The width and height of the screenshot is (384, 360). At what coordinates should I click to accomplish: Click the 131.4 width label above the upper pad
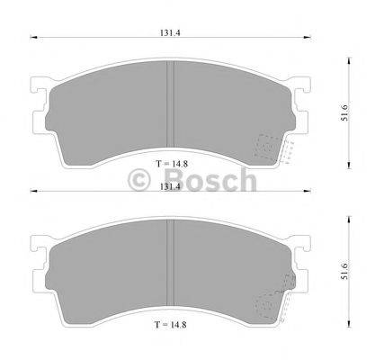tap(167, 30)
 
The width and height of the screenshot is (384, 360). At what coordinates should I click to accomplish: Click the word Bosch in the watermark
tap(209, 180)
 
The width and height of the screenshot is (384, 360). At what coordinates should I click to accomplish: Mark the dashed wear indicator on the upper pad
tap(271, 147)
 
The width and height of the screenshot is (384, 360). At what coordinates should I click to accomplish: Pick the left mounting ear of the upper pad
tap(39, 91)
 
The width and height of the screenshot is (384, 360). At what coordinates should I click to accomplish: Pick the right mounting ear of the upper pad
tap(298, 91)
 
